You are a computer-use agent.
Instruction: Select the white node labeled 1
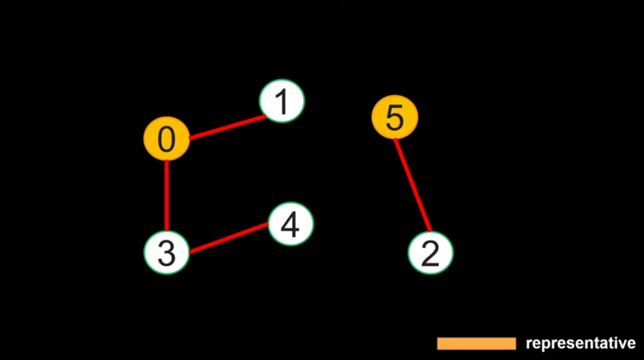point(282,102)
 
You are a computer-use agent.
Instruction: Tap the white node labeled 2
point(430,253)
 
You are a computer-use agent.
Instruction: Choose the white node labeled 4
point(291,225)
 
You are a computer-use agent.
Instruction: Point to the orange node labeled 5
point(394,117)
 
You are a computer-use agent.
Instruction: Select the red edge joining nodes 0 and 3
point(167,196)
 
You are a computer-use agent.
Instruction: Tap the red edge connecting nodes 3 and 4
point(228,238)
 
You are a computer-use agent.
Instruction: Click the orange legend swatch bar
point(476,343)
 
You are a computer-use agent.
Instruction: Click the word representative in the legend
point(580,343)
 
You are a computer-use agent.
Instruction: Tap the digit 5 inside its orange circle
point(394,118)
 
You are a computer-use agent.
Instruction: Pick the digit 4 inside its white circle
point(291,225)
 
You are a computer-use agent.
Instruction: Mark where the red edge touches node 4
point(269,225)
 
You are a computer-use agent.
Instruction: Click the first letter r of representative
point(528,345)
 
